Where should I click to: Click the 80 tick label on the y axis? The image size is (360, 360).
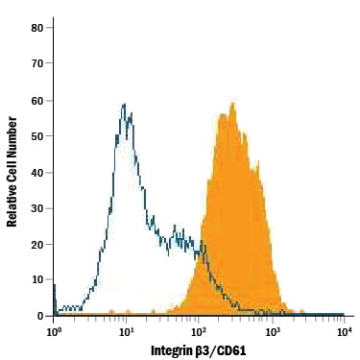pyautogui.click(x=36, y=27)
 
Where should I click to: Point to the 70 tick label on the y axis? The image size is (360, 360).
pyautogui.click(x=36, y=63)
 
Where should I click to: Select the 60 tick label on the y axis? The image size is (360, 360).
pyautogui.click(x=36, y=100)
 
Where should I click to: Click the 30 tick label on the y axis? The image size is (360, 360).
pyautogui.click(x=36, y=208)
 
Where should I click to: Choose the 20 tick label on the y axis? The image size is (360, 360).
pyautogui.click(x=36, y=244)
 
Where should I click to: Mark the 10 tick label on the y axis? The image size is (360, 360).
pyautogui.click(x=36, y=279)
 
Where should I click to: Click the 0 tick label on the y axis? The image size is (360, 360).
pyautogui.click(x=40, y=316)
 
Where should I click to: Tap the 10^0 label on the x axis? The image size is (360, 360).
pyautogui.click(x=55, y=331)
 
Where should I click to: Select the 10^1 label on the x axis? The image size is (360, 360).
pyautogui.click(x=127, y=331)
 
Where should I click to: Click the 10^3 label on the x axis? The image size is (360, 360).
pyautogui.click(x=273, y=331)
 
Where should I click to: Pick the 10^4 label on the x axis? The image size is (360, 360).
pyautogui.click(x=344, y=331)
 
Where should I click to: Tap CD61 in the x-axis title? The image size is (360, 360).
pyautogui.click(x=235, y=349)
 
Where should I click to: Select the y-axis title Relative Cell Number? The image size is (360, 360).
pyautogui.click(x=12, y=172)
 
